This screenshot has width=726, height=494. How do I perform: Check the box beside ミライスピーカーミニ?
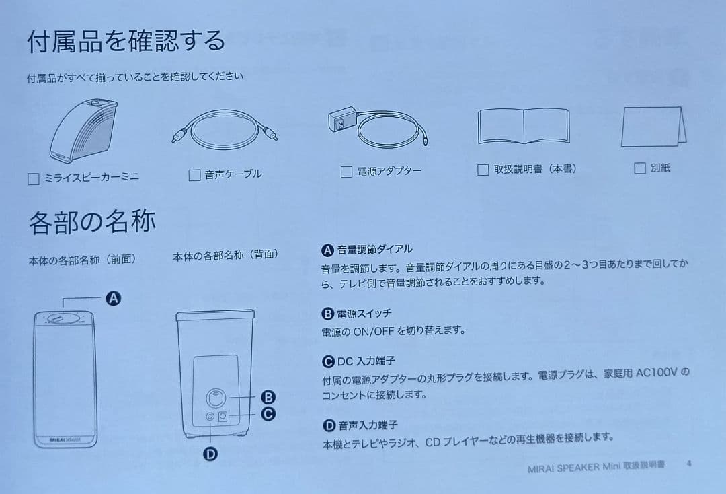point(34,179)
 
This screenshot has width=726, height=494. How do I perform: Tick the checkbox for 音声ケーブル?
point(194,175)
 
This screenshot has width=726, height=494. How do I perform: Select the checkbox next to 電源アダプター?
point(346,172)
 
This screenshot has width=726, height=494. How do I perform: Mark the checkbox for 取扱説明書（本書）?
point(483,170)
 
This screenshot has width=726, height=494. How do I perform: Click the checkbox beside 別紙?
point(639,168)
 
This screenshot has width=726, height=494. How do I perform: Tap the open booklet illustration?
point(523,126)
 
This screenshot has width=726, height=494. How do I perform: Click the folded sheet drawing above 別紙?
point(653,127)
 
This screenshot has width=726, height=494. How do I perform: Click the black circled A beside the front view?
point(114,298)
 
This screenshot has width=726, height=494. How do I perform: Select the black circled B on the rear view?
point(268,397)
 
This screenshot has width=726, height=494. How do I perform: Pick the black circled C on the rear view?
point(268,413)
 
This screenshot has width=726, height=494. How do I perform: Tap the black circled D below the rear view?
point(210,454)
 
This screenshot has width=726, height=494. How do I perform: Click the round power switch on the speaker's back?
point(216,398)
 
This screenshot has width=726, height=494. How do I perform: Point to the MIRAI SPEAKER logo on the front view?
point(65,439)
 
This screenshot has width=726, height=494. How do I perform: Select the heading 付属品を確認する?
point(126,41)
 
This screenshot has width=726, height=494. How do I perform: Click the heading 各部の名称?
point(92,221)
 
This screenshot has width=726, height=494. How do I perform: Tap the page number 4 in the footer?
point(689,464)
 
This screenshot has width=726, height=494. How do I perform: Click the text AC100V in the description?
point(657,373)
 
